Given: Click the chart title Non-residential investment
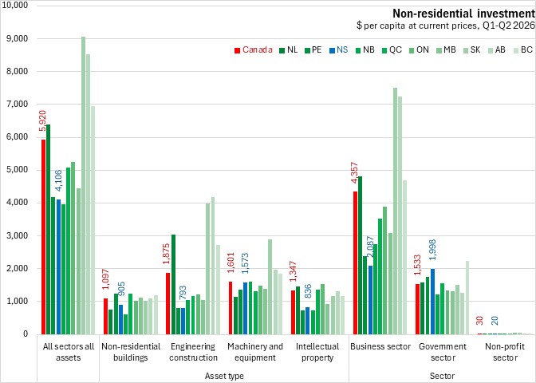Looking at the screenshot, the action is click(463, 14).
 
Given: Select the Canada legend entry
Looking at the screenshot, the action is click(254, 50).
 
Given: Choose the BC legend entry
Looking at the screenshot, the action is click(522, 50).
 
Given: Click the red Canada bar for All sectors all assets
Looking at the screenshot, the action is click(43, 237).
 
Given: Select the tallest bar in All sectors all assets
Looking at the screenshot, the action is click(83, 185).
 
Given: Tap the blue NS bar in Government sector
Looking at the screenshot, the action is click(433, 302).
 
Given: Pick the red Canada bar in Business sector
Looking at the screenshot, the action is click(356, 263).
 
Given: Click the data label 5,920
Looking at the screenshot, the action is click(42, 120).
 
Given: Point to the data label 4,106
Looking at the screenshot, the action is click(58, 180).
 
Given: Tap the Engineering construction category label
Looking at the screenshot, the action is click(194, 352).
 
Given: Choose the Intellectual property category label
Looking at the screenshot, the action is click(318, 352).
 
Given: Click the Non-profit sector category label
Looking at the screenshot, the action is click(505, 352).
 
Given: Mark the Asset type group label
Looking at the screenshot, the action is click(224, 376).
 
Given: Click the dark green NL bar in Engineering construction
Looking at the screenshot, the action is click(174, 285).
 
